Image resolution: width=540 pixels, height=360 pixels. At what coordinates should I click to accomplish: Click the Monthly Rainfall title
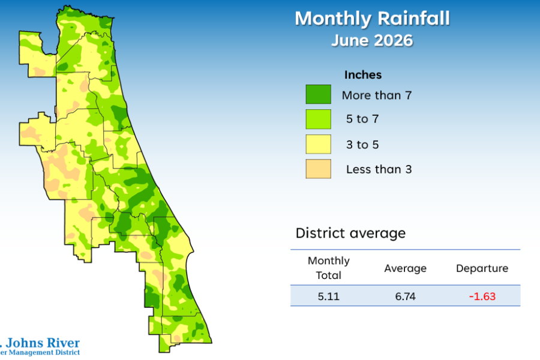372,18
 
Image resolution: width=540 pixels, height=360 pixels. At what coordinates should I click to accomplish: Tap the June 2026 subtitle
372,40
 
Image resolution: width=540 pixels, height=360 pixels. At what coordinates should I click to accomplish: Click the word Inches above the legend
363,75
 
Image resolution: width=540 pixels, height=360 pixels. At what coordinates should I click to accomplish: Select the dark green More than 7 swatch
318,94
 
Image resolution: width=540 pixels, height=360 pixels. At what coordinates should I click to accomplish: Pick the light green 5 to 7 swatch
318,119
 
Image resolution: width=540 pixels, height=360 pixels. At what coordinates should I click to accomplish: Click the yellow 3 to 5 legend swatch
318,144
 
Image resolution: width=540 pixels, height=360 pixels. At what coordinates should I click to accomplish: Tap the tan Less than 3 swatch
318,169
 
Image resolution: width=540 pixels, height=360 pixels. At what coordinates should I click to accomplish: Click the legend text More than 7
377,95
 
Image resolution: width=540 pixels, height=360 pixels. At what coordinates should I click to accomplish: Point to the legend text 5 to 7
362,119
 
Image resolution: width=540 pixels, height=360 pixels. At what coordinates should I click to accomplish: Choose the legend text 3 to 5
362,145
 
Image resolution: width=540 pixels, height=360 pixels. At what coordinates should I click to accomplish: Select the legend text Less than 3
379,169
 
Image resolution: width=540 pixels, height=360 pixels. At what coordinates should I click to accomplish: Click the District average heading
350,233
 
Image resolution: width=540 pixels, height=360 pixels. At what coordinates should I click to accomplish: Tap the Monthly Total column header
329,268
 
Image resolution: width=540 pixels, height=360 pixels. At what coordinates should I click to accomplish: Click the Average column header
406,268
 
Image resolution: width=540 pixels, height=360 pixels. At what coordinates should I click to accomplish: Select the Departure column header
482,268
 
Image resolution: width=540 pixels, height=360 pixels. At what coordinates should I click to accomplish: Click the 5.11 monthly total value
329,296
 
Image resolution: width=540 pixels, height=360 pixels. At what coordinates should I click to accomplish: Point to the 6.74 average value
406,296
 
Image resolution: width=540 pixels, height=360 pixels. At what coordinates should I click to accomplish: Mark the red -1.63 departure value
482,296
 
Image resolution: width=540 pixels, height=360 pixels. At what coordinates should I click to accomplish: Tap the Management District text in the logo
44,352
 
